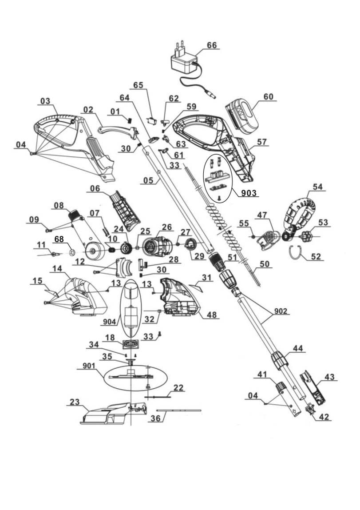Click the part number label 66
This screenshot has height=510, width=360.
click(211, 45)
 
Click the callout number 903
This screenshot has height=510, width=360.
click(249, 193)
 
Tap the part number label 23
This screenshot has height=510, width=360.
click(75, 402)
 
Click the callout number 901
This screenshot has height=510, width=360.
click(89, 366)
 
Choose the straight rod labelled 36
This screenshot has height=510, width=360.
click(178, 410)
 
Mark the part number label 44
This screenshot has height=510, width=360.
click(297, 348)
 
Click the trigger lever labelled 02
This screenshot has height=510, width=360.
click(119, 132)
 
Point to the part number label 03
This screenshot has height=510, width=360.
click(45, 101)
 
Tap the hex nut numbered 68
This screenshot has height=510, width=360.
click(72, 251)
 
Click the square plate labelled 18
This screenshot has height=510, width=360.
click(131, 344)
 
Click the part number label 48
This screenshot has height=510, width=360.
click(211, 315)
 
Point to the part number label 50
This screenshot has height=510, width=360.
click(265, 264)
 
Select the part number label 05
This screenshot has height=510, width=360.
click(148, 180)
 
